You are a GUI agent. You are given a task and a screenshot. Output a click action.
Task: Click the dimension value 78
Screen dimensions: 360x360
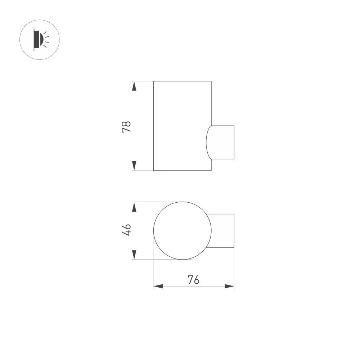(126, 127)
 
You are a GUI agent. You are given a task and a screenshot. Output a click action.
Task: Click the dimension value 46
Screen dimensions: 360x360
(126, 230)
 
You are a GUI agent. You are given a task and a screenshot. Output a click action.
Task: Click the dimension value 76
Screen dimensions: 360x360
(193, 280)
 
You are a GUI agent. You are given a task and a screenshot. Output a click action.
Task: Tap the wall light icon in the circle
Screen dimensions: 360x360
(39, 40)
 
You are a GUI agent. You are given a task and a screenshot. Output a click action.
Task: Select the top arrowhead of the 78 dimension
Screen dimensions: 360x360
(134, 86)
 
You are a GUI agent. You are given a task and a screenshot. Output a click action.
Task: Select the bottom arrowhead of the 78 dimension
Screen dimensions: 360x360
(134, 166)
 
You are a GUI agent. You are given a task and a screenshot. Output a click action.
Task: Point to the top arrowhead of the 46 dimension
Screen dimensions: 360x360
(134, 207)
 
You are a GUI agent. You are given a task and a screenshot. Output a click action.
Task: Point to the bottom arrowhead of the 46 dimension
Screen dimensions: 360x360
(134, 255)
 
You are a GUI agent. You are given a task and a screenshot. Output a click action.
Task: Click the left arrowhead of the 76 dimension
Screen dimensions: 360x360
(158, 286)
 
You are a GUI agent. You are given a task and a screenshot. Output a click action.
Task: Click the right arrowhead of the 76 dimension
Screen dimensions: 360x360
(229, 286)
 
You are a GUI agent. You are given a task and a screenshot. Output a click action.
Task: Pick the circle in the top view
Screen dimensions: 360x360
(182, 231)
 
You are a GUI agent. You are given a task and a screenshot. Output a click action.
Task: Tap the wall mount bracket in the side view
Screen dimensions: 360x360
(222, 142)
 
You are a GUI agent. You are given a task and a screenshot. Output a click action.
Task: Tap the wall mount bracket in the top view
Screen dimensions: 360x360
(223, 231)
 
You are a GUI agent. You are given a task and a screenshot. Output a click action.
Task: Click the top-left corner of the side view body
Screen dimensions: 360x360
(154, 81)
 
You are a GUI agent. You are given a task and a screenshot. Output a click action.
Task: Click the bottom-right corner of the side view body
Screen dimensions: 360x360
(211, 170)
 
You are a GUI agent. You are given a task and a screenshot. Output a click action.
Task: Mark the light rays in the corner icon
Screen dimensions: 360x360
(46, 39)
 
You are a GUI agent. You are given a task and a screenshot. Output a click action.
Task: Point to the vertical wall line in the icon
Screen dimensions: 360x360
(34, 40)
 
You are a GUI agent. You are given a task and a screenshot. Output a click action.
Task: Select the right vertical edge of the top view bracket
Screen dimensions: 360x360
(234, 231)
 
